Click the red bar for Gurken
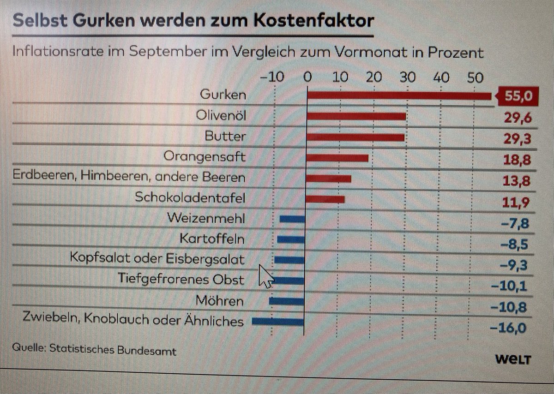coord(399,96)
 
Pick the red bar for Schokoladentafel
coord(326,199)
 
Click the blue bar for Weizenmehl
coord(292,219)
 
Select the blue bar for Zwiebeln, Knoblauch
coord(278,322)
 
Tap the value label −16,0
coord(508,328)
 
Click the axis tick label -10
coord(273,77)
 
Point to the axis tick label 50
coord(475,77)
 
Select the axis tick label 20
coord(374,77)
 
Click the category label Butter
coord(225,137)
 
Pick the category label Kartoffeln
coord(212,239)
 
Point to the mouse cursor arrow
coord(265,276)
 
